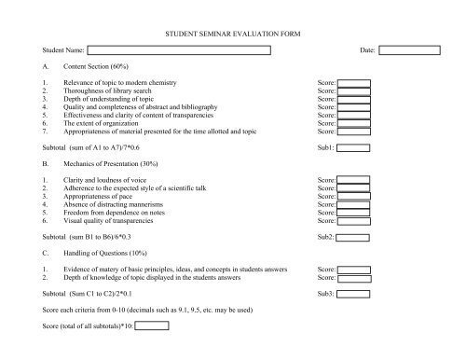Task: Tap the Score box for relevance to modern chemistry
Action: pos(353,83)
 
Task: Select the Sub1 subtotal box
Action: pos(353,147)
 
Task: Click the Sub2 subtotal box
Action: pos(353,237)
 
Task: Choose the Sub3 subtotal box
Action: pos(353,294)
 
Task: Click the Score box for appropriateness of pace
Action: pos(353,197)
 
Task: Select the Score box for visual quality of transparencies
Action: pos(353,221)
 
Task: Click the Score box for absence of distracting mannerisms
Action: pos(353,205)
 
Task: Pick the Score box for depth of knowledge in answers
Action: pos(353,278)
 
